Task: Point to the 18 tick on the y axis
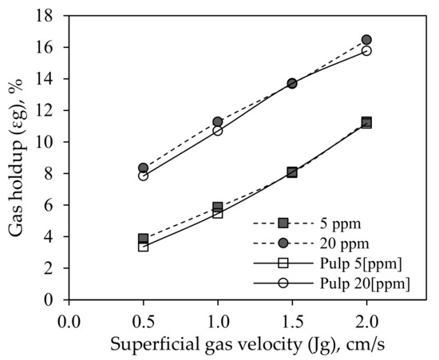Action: [x=50, y=16]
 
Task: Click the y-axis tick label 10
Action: [x=50, y=142]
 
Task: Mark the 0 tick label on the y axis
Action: [x=53, y=300]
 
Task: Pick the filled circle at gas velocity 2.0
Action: [x=366, y=40]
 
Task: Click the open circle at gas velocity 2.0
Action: [x=366, y=51]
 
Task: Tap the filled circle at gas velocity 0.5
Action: [x=144, y=168]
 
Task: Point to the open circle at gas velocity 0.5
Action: [x=144, y=176]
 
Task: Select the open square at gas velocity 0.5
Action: [x=144, y=246]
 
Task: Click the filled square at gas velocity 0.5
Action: [x=144, y=239]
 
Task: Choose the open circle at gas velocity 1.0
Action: [x=218, y=130]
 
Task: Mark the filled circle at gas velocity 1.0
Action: [x=218, y=122]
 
